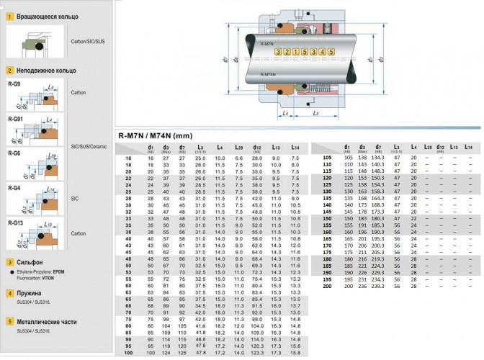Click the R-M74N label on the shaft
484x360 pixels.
[x=266, y=74]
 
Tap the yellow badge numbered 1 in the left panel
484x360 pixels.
[x=9, y=15]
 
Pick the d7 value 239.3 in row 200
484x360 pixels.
[x=377, y=287]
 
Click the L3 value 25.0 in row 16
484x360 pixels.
[x=198, y=158]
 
